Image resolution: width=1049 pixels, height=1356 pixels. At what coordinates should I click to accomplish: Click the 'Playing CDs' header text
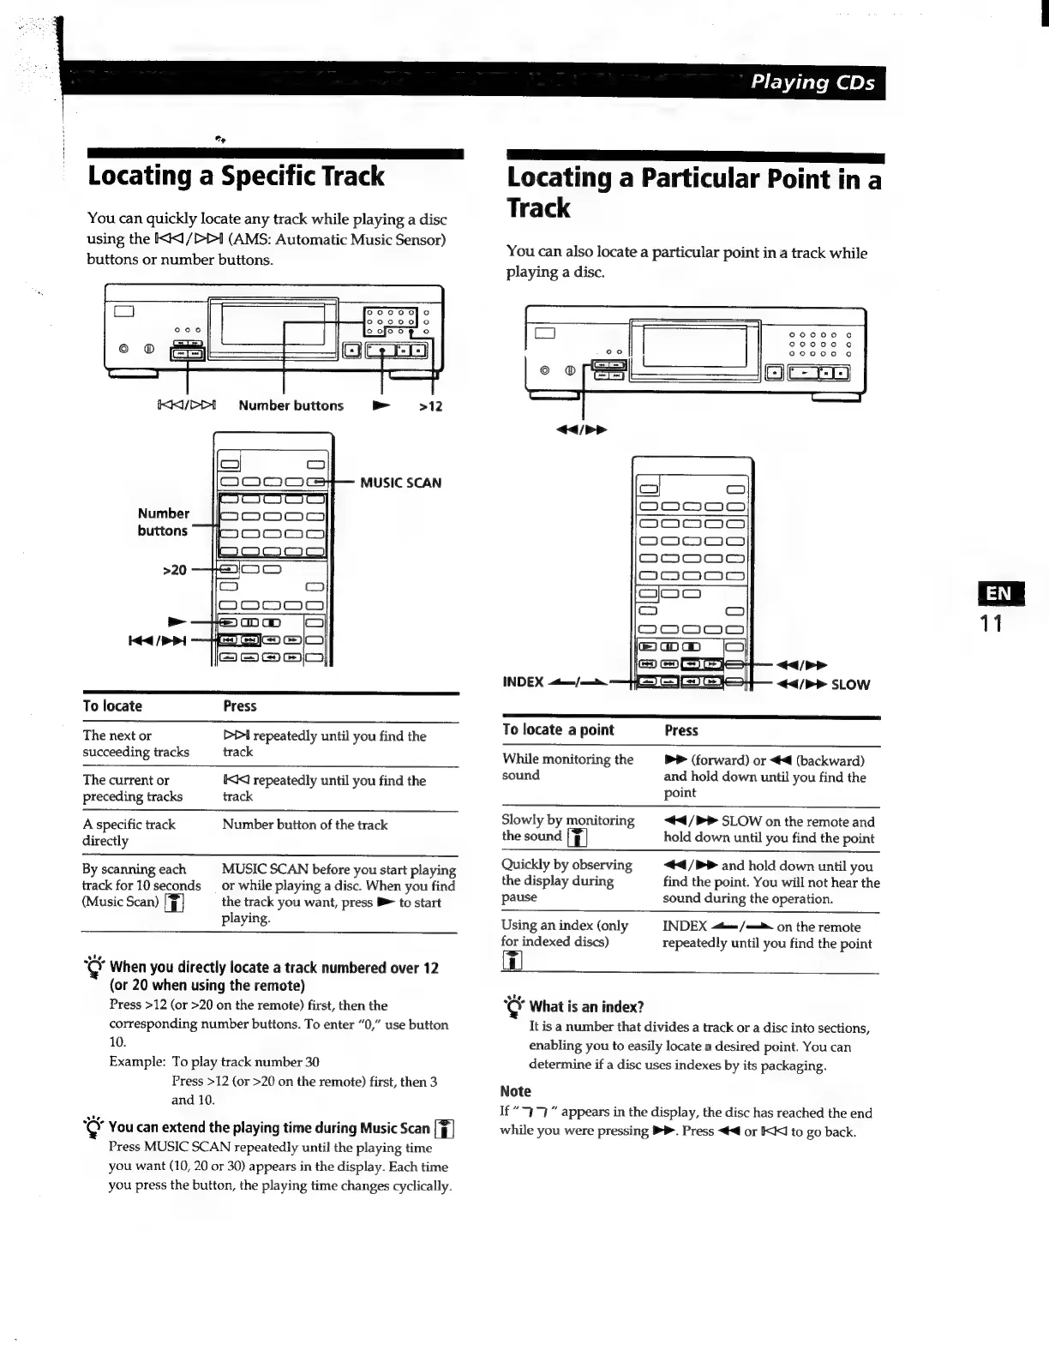point(812,83)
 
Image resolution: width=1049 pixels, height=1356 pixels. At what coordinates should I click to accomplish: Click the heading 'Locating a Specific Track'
point(236,177)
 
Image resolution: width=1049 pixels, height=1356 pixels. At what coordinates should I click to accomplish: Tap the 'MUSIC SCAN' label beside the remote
point(400,483)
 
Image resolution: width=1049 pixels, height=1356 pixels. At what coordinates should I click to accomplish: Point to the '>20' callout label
point(174,569)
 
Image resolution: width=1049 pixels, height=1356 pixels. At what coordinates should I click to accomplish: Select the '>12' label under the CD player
point(430,406)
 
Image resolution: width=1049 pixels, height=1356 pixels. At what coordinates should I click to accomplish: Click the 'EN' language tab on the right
point(998,594)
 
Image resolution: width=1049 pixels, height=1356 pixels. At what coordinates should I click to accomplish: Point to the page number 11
point(992,623)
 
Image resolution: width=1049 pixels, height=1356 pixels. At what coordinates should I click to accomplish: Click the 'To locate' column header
point(112,706)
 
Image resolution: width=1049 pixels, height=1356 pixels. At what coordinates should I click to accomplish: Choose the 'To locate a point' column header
point(558,730)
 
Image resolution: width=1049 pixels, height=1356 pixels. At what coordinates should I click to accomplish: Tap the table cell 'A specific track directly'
point(129,832)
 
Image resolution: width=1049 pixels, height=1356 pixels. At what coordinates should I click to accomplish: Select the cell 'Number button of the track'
point(304,825)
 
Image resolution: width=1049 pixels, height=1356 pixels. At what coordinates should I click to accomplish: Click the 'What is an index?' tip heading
point(586,1006)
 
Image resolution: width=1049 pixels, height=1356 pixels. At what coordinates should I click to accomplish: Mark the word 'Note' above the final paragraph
point(515,1091)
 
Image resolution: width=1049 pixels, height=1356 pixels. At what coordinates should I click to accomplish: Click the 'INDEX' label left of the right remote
point(523,682)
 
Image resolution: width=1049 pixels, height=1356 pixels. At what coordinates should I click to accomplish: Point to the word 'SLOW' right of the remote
point(850,685)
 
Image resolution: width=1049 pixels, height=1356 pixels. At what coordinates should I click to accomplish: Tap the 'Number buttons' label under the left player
point(291,406)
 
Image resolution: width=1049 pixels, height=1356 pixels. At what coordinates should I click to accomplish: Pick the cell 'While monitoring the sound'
point(567,767)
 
